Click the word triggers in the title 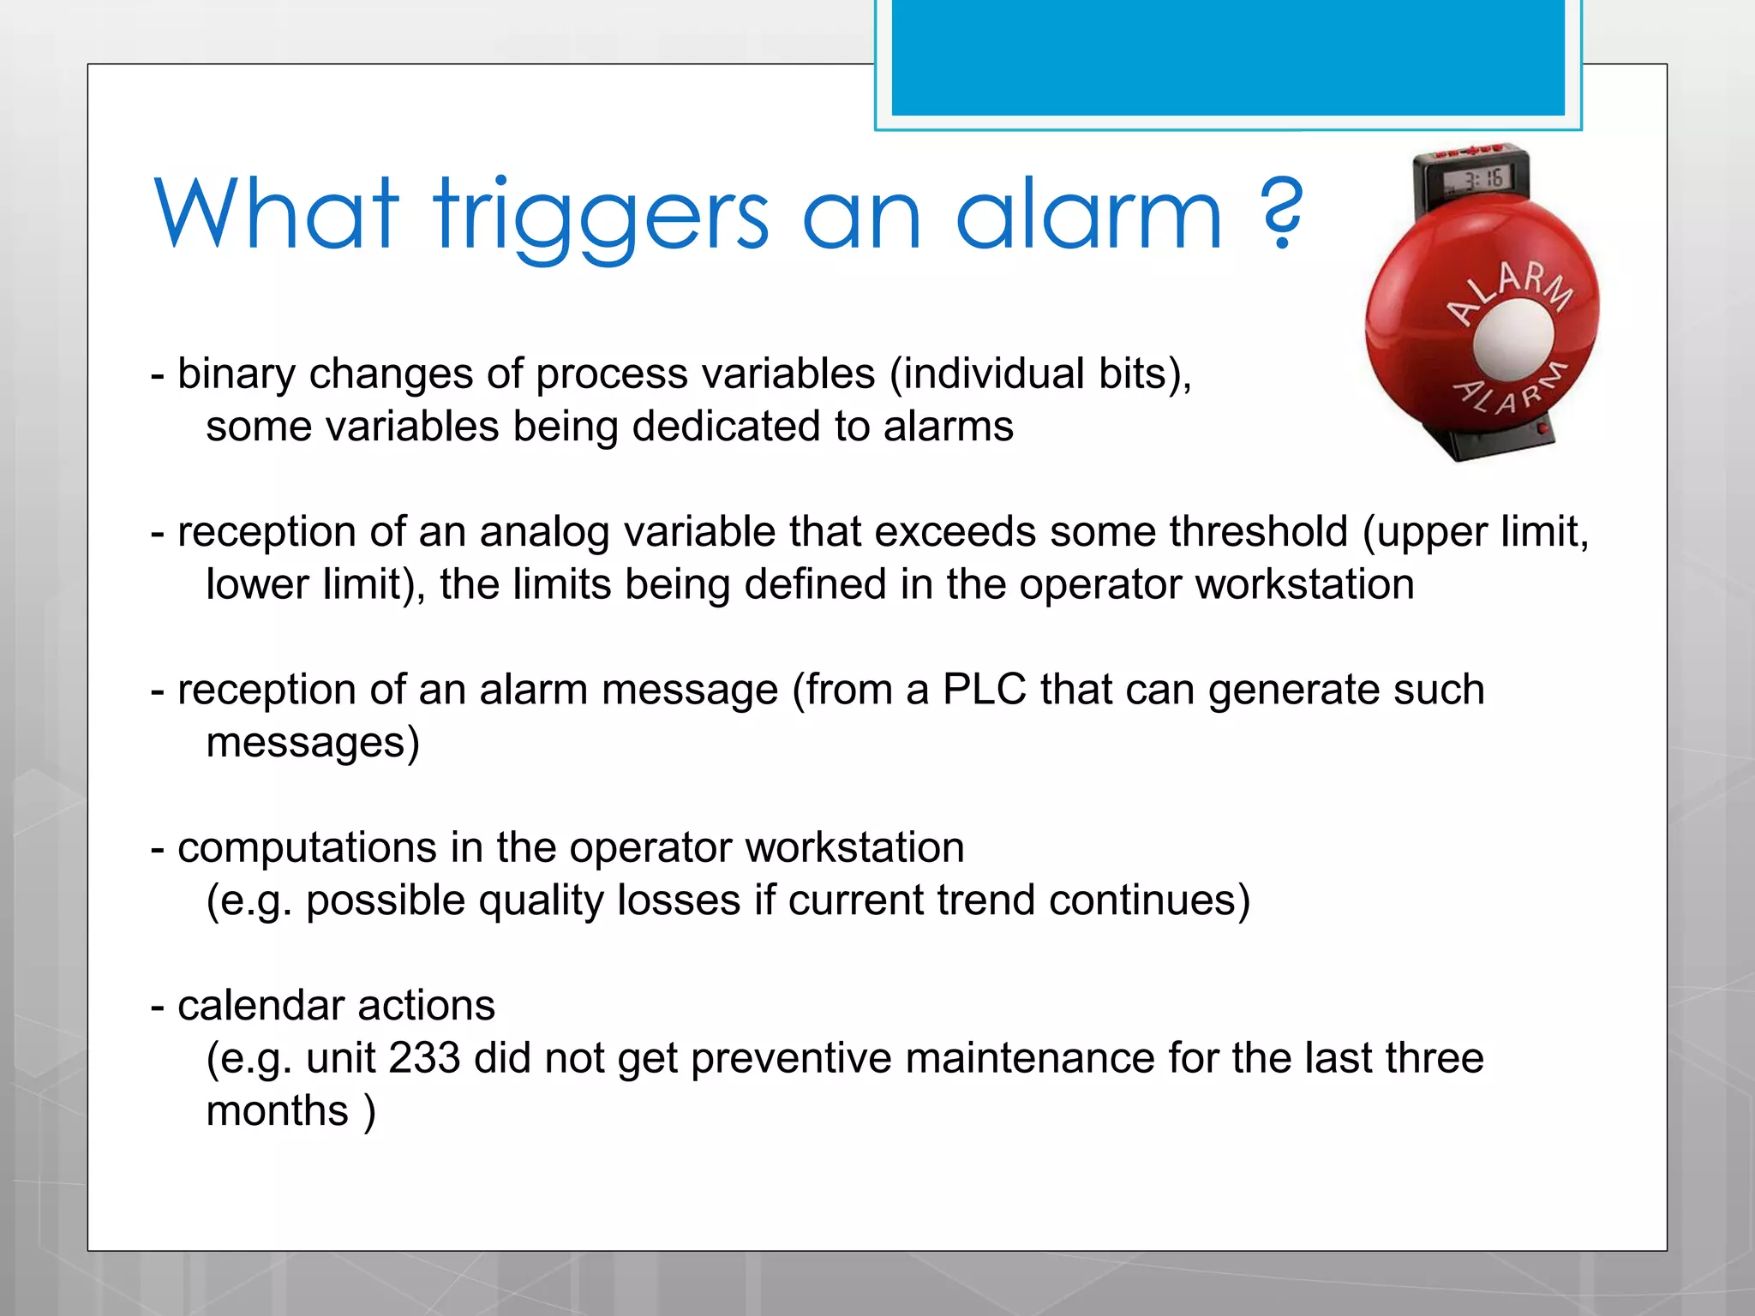coord(601,216)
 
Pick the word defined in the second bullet coord(814,584)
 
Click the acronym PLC coord(984,690)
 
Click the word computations coord(307,848)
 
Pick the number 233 coord(424,1058)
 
